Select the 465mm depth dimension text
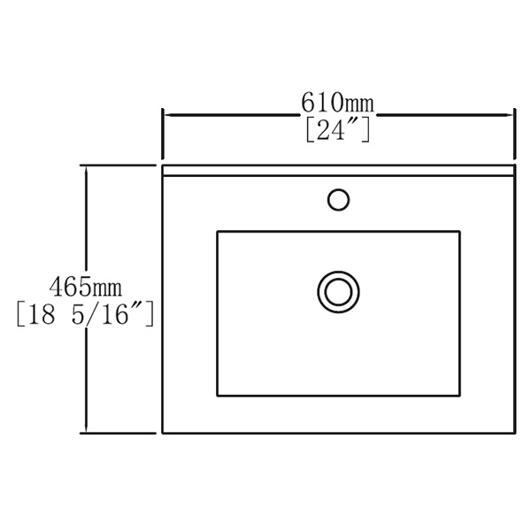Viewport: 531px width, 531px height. click(86, 287)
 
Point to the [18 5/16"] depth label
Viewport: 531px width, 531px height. click(86, 313)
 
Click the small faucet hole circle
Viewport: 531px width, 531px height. click(338, 199)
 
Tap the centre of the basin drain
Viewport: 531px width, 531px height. click(338, 289)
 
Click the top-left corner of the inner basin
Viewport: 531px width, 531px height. click(217, 232)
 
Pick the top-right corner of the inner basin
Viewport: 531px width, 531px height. click(460, 232)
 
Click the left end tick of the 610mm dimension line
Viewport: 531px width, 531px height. click(162, 114)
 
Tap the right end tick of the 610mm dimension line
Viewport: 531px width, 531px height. click(515, 114)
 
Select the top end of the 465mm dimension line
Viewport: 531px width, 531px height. click(86, 165)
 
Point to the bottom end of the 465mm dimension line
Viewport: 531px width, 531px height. click(86, 433)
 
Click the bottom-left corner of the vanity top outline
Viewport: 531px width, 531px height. click(162, 433)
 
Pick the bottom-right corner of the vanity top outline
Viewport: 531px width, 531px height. click(515, 433)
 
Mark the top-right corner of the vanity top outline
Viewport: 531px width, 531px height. click(515, 165)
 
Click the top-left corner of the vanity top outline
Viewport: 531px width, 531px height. click(162, 165)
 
